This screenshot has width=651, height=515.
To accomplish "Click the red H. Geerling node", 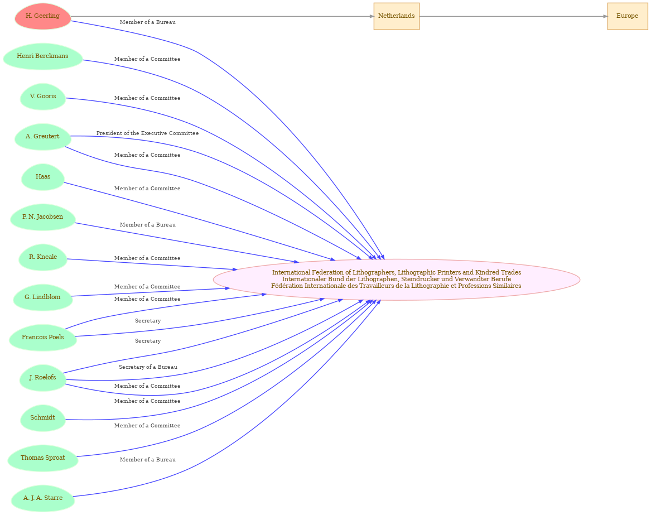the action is [43, 16].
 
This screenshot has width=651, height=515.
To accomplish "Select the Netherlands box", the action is [397, 16].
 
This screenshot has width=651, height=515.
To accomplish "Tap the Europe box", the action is [628, 16].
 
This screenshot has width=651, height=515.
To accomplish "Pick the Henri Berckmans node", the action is [43, 56].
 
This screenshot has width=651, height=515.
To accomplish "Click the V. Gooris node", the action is [43, 97].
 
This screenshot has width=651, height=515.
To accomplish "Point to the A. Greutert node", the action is [43, 137].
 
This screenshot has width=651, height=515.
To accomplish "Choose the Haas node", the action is [43, 177].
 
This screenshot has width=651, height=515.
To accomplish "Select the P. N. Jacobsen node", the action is [43, 217].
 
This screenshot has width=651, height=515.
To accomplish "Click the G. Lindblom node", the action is [43, 297].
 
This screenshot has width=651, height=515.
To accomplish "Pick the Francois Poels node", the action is [43, 338].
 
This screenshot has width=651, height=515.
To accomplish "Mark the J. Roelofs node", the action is [43, 378].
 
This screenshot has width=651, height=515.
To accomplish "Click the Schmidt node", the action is [43, 418].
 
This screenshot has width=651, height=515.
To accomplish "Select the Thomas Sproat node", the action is [43, 458].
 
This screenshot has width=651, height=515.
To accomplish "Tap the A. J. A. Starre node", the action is [43, 498].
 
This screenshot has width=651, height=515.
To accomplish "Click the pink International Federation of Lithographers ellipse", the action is [397, 280].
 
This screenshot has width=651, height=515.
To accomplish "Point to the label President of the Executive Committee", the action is [147, 133].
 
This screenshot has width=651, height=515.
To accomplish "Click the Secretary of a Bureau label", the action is [148, 367].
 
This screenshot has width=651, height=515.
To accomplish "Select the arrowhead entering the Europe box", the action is [605, 17].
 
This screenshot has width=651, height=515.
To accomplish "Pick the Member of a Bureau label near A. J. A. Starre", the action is [148, 460].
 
